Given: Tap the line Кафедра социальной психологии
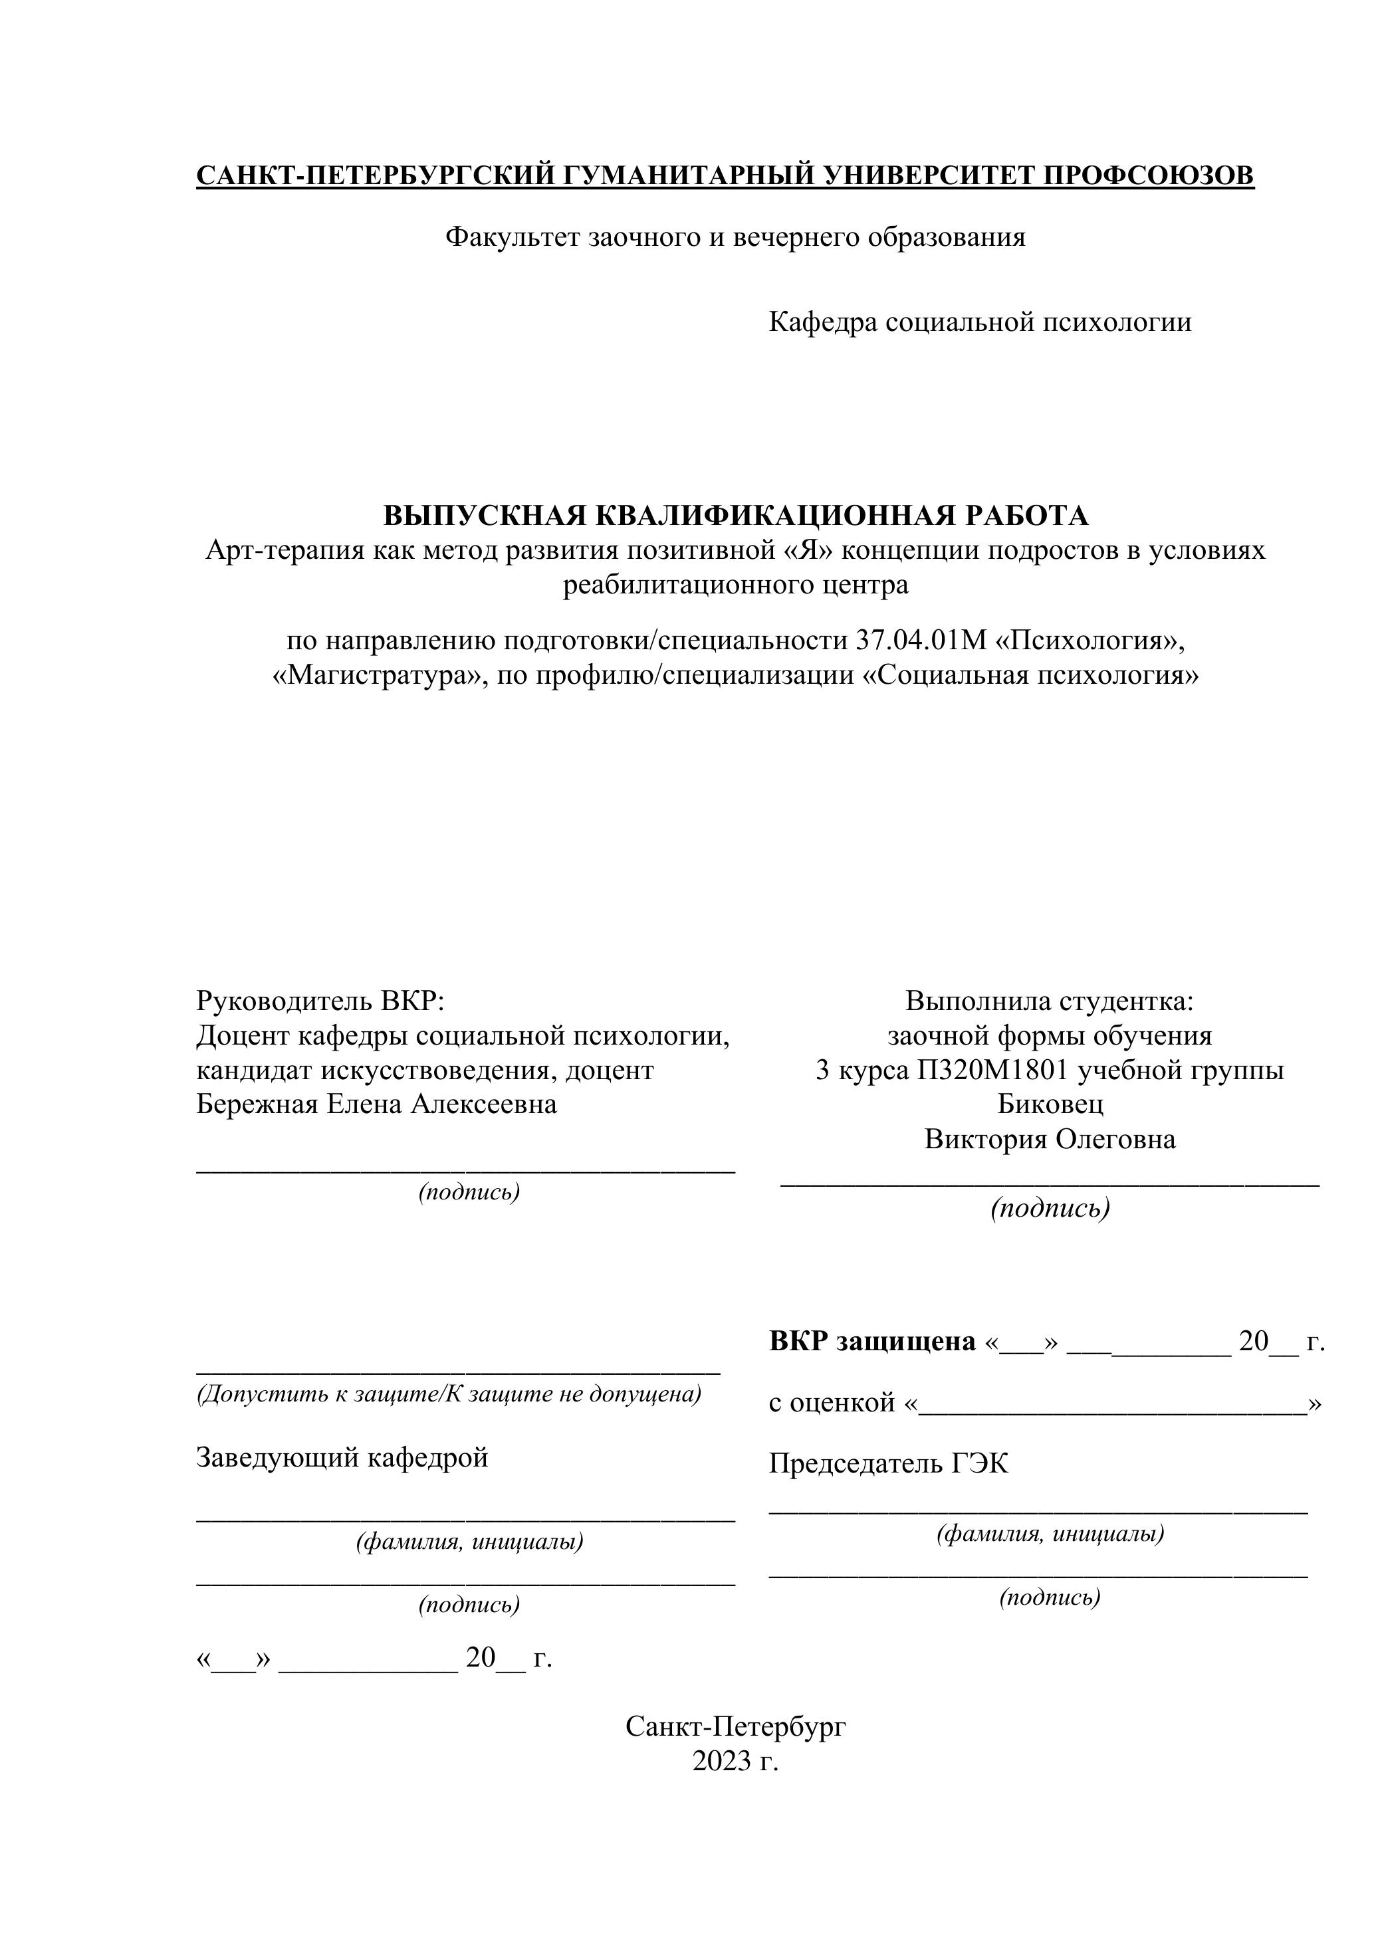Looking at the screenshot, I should pyautogui.click(x=980, y=322).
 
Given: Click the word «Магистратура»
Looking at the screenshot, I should pyautogui.click(x=376, y=675).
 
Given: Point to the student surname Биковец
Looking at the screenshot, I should pyautogui.click(x=1050, y=1104).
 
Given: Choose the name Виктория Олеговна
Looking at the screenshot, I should pyautogui.click(x=1050, y=1139).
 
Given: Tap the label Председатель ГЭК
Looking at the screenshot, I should pyautogui.click(x=888, y=1463).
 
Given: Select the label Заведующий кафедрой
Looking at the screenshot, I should pyautogui.click(x=342, y=1457).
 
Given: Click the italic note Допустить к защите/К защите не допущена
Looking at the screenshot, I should pyautogui.click(x=449, y=1393).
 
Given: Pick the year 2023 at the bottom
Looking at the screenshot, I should pyautogui.click(x=721, y=1760).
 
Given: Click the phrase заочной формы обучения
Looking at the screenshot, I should pyautogui.click(x=1050, y=1035).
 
